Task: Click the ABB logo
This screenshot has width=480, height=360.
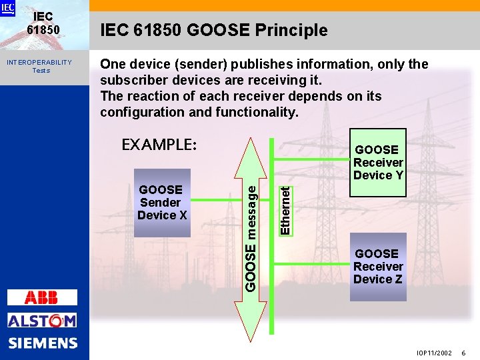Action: (x=42, y=297)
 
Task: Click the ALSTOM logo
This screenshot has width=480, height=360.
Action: (x=42, y=321)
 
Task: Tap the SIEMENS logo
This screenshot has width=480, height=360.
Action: (x=43, y=343)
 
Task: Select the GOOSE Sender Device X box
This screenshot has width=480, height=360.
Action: (x=162, y=203)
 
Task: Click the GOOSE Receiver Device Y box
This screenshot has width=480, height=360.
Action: (x=378, y=163)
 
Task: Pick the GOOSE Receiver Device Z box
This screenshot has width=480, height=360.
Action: (x=378, y=266)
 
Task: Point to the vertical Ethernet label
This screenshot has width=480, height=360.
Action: (x=285, y=210)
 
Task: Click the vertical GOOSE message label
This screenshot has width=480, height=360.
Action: (x=251, y=237)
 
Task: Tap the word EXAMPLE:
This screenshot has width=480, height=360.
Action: (x=159, y=144)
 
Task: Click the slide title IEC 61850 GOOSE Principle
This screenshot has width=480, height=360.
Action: (x=214, y=30)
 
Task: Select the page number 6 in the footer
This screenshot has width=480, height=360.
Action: (x=464, y=353)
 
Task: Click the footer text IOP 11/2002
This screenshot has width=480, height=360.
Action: (x=434, y=353)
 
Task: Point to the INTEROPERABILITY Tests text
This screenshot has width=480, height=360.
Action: (x=39, y=66)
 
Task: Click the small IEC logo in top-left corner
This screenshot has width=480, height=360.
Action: (x=8, y=8)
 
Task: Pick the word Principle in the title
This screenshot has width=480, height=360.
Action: (x=295, y=30)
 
